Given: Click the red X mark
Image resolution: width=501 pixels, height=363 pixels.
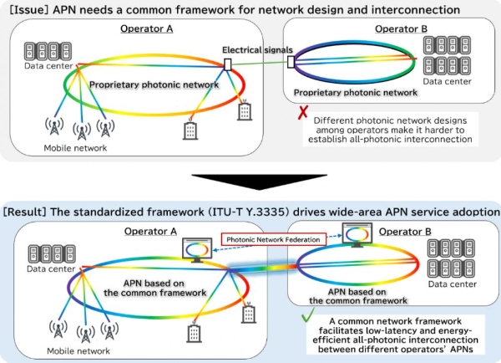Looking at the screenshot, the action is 303,112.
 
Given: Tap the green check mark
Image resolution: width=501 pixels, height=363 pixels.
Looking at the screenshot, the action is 307,315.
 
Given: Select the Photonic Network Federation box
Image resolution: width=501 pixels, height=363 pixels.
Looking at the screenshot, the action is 274,239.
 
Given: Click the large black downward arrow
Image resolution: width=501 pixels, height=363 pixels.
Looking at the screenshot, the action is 259,181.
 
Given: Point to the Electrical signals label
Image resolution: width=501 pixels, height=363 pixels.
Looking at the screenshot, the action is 257,50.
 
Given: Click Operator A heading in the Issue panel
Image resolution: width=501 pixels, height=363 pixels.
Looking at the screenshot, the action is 147,28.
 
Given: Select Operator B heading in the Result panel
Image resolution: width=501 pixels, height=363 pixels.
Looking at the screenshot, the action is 405,232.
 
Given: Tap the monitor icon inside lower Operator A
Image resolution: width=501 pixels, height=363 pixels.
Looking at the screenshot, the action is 197,250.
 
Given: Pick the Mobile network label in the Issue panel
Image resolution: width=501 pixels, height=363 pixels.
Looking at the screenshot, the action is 75,148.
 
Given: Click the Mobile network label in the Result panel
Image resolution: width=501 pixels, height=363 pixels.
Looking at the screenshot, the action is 78,350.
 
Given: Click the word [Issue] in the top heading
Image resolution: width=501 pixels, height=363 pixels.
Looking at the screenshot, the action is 28,10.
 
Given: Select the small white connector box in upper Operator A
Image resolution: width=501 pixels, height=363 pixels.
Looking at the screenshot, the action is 227,64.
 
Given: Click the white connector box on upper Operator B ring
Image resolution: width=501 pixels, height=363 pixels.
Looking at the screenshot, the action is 291,62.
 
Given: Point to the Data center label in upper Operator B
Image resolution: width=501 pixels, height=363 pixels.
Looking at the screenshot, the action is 447,81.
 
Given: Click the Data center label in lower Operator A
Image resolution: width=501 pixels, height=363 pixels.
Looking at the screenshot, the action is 51,268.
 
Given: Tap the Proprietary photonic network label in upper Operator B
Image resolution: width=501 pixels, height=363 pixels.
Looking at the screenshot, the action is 356,93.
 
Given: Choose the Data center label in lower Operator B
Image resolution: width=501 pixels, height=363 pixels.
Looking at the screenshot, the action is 452,284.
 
